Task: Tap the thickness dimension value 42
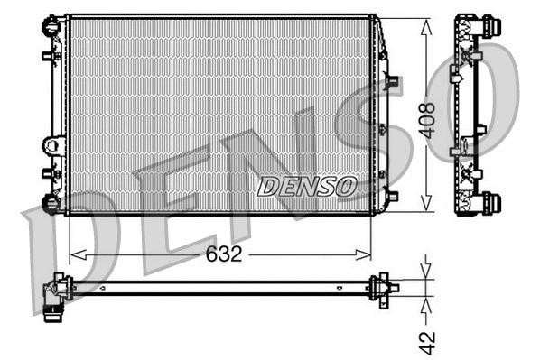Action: pos(427,342)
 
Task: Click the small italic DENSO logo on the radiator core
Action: pos(308,186)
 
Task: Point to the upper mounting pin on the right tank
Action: pos(391,81)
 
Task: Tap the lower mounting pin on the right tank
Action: pos(391,194)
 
